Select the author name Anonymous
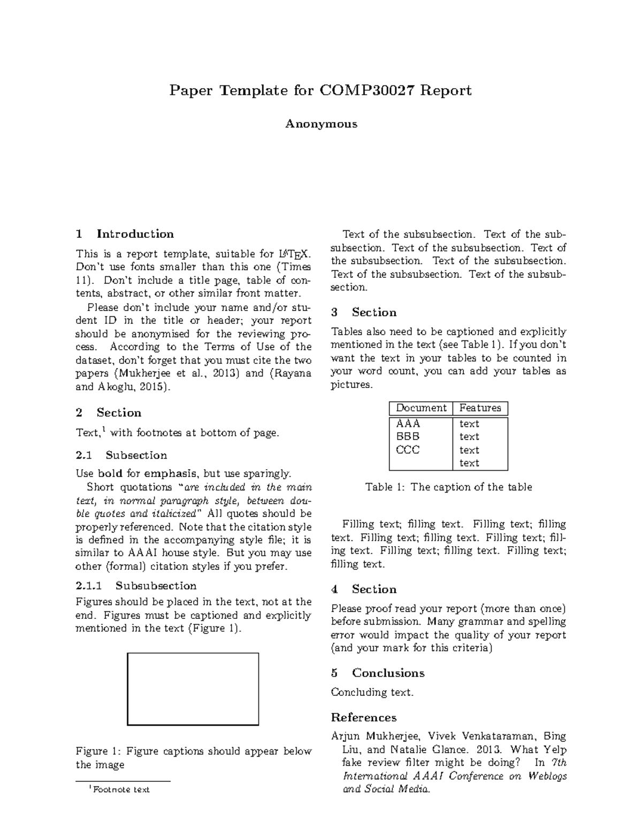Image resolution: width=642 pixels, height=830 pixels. click(x=321, y=124)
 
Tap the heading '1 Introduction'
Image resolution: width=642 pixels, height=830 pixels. click(x=125, y=234)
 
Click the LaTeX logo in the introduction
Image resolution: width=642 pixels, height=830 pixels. click(x=294, y=254)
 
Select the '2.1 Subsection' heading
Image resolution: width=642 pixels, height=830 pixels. click(x=121, y=455)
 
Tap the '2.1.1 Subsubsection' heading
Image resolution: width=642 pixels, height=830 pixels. click(x=136, y=585)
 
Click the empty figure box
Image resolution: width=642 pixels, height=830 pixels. click(x=193, y=688)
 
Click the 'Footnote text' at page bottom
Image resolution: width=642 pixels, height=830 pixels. click(x=121, y=789)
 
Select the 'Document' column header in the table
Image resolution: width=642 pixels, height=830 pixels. click(x=421, y=408)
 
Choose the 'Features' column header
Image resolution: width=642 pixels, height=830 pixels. click(x=480, y=408)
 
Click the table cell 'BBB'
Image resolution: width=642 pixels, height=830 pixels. click(x=408, y=436)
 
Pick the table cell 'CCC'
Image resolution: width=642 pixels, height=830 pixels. click(x=408, y=449)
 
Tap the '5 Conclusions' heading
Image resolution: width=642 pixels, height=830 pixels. click(x=378, y=673)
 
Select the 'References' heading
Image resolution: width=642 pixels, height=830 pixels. click(x=364, y=717)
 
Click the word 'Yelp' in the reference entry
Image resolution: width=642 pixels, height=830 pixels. click(x=555, y=750)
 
